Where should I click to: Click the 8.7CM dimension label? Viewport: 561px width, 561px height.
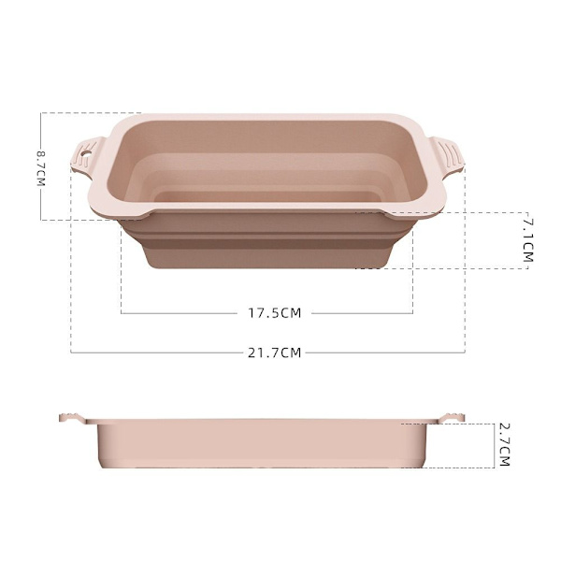click(x=41, y=168)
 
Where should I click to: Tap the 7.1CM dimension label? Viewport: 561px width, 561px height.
click(x=528, y=240)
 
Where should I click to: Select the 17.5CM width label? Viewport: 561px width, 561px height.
click(x=275, y=313)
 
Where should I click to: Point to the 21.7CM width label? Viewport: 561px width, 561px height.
click(x=274, y=352)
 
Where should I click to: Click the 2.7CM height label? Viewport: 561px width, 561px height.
click(x=504, y=445)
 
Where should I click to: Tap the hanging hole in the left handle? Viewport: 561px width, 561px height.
click(x=86, y=154)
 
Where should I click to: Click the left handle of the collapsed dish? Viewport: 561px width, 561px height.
click(x=73, y=418)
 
